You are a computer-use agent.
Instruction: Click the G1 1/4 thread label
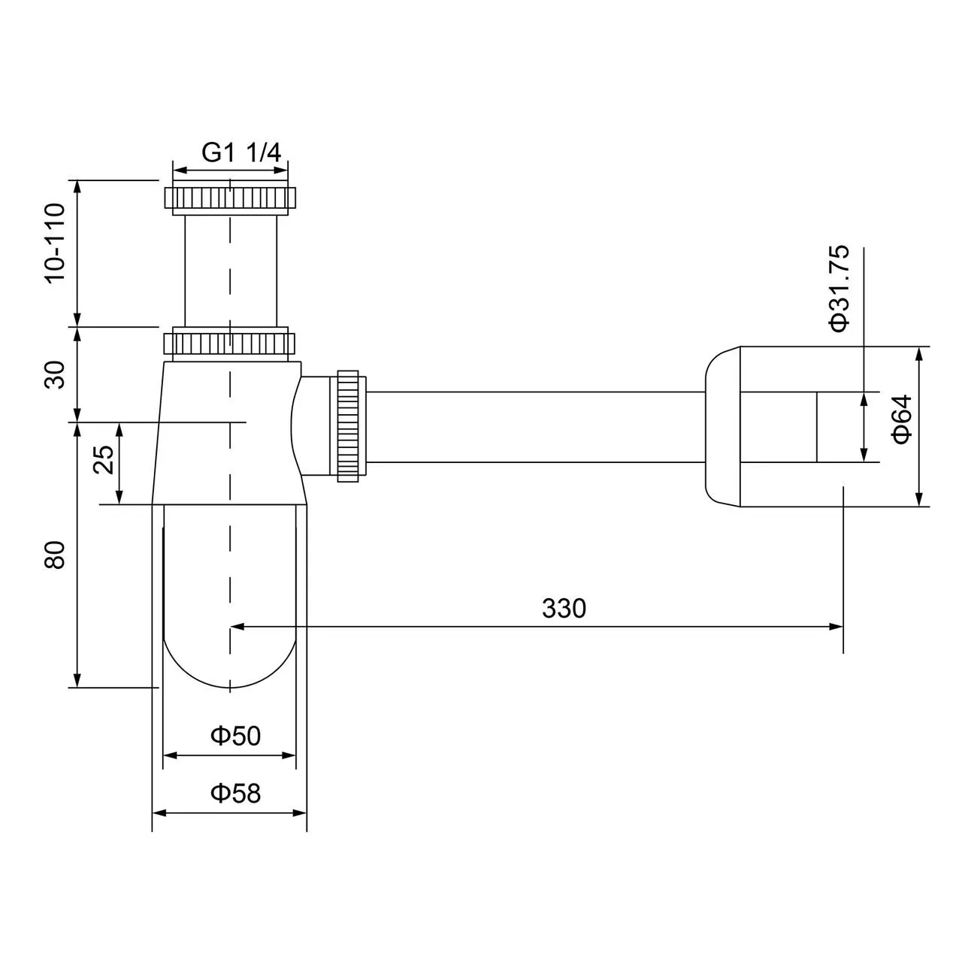click(x=240, y=153)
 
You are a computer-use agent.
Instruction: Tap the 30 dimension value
click(x=56, y=374)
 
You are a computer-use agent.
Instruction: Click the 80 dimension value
click(x=56, y=557)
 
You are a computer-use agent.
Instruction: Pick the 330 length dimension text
click(x=564, y=608)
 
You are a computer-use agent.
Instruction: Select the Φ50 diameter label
click(x=235, y=736)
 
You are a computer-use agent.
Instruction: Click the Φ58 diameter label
click(x=235, y=793)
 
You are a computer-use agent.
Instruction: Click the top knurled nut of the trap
click(x=230, y=198)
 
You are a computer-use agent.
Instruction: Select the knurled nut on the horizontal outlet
click(x=350, y=426)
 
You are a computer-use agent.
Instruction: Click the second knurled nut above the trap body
click(x=230, y=343)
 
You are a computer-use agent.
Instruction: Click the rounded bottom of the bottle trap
click(x=230, y=661)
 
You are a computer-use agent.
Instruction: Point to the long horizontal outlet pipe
click(x=534, y=426)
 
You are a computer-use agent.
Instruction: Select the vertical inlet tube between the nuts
click(x=230, y=271)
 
